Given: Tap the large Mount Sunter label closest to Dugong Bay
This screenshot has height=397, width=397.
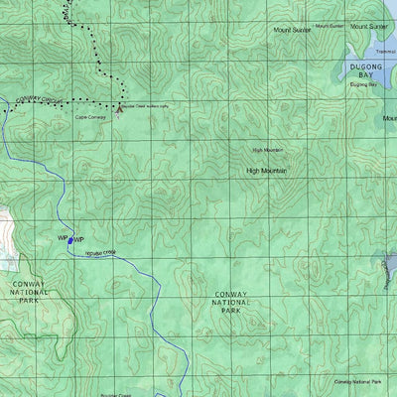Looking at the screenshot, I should point(369,27).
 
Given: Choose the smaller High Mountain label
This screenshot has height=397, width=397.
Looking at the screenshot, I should point(267,150).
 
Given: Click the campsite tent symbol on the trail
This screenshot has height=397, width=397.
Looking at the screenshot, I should point(119,109).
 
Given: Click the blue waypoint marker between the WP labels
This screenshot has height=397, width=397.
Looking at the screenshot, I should point(69,239).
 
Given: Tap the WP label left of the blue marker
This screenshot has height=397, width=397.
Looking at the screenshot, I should point(62,238).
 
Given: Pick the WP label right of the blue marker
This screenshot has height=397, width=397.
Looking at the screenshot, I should point(78,240).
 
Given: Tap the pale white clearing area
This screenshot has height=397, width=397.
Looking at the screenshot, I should point(8,238).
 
